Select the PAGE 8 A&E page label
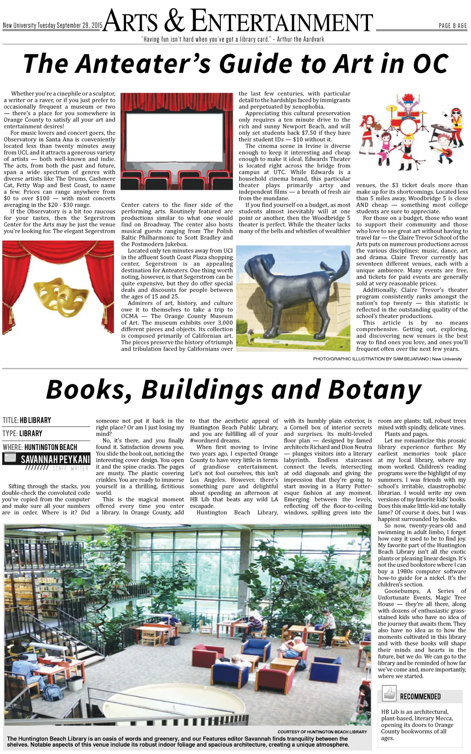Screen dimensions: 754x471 pos(453,26)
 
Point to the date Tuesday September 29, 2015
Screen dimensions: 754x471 pos(69,26)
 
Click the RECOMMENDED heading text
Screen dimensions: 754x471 pos(420,696)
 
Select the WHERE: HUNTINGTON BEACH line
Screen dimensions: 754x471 pos(40,447)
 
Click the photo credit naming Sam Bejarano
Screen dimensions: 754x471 pos(387,359)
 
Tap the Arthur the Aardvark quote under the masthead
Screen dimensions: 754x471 pos(233,39)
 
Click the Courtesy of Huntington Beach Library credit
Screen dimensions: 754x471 pos(322,731)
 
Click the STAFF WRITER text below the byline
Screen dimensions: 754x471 pos(70,469)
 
